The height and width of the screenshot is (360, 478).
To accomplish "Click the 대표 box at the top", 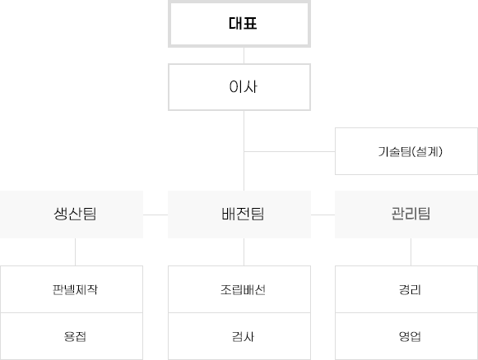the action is point(239,24).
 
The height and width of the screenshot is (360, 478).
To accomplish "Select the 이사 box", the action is point(239,87).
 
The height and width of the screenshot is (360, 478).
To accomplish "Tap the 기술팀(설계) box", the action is point(406,151).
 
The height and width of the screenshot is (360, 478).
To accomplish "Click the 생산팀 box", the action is point(72,215).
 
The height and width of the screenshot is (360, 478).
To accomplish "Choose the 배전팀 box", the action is point(239,215).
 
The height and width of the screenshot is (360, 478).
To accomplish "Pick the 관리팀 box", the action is point(406,215).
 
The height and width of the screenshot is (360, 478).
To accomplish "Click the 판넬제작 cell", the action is point(72,289).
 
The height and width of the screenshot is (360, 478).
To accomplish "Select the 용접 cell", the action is point(72,336).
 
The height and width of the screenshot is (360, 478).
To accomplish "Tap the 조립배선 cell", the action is point(239,289).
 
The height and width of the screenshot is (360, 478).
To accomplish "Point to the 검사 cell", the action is point(239,336).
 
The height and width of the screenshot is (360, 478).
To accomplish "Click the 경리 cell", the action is point(406,289).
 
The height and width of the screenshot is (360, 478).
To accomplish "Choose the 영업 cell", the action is point(406,336).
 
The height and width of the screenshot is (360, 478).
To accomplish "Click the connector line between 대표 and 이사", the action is point(244,55).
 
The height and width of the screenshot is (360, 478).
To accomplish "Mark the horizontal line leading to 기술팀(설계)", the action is point(290,151).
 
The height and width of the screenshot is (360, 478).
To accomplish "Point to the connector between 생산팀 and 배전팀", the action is point(155,215).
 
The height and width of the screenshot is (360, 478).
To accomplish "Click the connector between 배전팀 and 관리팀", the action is point(323,215).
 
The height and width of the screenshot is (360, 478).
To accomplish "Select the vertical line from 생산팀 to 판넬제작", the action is point(76,252).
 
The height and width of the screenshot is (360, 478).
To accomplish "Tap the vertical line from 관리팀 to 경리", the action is point(411,252).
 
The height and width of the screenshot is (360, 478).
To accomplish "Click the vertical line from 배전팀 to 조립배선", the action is point(244,252).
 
